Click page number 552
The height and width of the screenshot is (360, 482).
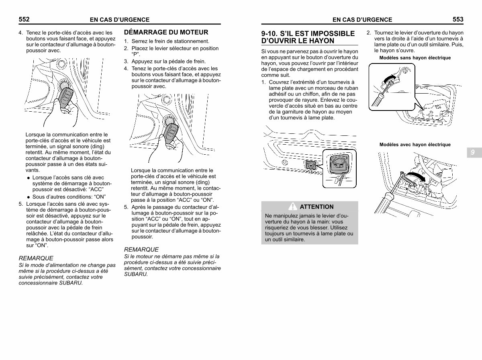[24, 19]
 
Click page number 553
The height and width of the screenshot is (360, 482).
[458, 19]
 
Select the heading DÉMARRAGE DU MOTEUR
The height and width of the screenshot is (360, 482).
[166, 32]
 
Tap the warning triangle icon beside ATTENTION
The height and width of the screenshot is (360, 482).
[292, 207]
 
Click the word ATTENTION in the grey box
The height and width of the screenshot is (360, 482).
[317, 207]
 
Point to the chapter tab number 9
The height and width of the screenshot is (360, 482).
[472, 152]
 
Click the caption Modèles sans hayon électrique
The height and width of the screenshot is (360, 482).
[415, 58]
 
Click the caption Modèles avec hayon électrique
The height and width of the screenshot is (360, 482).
[415, 145]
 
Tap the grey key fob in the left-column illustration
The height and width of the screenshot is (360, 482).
[66, 98]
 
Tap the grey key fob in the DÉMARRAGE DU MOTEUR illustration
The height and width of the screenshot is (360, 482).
[171, 133]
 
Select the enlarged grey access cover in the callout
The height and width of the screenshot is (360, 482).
[339, 164]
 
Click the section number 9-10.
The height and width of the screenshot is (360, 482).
[270, 34]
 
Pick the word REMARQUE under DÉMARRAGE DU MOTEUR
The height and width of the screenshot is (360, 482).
[141, 250]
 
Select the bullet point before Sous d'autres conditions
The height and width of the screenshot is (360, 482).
[29, 197]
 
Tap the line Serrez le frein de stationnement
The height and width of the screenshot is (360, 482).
[170, 41]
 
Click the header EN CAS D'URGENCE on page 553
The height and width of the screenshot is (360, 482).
[362, 20]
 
